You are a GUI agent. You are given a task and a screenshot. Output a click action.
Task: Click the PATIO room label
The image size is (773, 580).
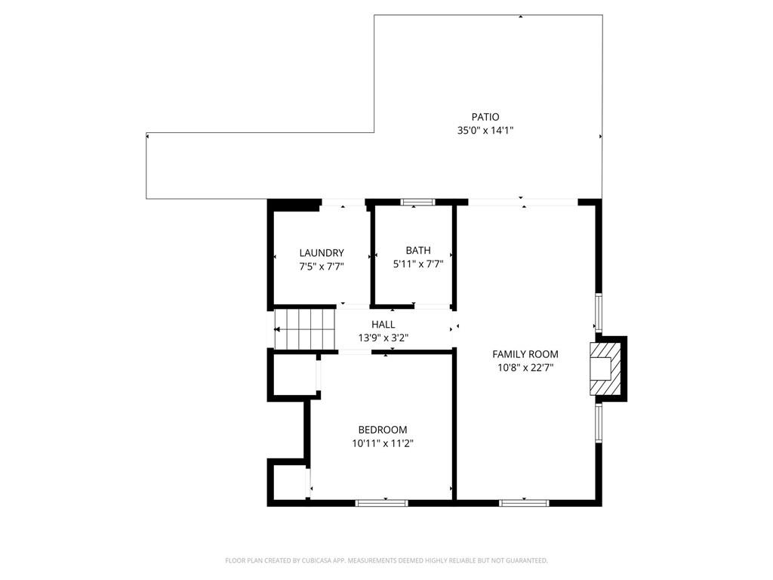pyautogui.click(x=485, y=117)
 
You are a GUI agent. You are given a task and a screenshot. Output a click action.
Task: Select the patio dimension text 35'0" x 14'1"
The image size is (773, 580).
pyautogui.click(x=485, y=131)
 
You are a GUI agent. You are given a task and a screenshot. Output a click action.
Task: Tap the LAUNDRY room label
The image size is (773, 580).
pyautogui.click(x=322, y=253)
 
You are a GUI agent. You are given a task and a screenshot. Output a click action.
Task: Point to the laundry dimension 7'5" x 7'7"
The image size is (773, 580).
pyautogui.click(x=322, y=266)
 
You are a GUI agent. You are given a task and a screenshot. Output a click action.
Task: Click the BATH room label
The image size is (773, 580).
pyautogui.click(x=418, y=251)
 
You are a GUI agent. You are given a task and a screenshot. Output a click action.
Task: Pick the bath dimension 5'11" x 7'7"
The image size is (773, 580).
pyautogui.click(x=418, y=264)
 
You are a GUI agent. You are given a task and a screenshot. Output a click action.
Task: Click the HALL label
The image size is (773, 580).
pyautogui.click(x=383, y=325)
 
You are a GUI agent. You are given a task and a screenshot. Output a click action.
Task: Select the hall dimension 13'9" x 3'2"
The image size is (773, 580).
pyautogui.click(x=383, y=338)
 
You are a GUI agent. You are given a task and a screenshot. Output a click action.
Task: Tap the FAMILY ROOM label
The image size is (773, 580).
pyautogui.click(x=525, y=354)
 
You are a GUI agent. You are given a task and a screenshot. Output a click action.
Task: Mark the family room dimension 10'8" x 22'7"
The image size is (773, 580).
pyautogui.click(x=525, y=368)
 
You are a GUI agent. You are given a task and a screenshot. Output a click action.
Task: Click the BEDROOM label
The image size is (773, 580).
pyautogui.click(x=383, y=430)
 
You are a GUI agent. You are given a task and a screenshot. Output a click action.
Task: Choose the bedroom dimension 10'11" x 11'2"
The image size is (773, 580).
pyautogui.click(x=383, y=444)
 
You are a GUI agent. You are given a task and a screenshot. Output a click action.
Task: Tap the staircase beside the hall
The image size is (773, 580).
pyautogui.click(x=304, y=330)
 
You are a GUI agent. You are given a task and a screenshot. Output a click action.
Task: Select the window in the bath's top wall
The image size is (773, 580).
pyautogui.click(x=417, y=202)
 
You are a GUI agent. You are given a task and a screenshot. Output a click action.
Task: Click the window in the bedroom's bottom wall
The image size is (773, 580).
pyautogui.click(x=382, y=502)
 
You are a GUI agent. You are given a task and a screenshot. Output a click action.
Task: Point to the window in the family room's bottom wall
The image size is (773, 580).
pyautogui.click(x=524, y=502)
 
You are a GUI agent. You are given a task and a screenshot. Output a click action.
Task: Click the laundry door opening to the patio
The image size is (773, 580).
pyautogui.click(x=343, y=202)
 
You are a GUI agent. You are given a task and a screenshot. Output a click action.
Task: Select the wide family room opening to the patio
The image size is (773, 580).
pyautogui.click(x=522, y=202)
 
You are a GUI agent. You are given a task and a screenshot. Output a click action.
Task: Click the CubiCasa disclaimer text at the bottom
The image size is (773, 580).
pyautogui.click(x=386, y=560)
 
